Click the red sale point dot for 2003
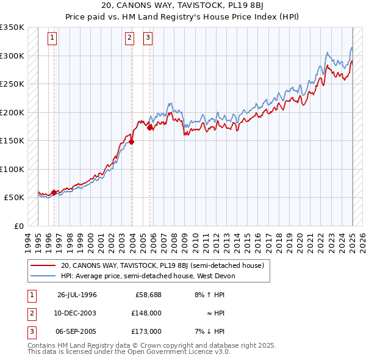point(131,142)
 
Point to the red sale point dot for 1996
point(54,192)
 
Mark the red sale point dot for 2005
point(150,128)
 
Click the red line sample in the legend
point(43,265)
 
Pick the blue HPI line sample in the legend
point(43,276)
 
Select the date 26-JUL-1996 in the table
point(77,295)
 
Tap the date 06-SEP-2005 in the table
point(77,331)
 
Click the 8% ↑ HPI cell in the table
point(208,295)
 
